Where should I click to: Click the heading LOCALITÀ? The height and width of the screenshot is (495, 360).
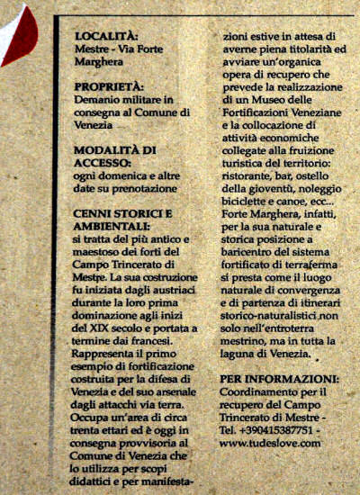pos(107,36)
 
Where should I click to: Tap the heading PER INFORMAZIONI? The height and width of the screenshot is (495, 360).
pos(279,380)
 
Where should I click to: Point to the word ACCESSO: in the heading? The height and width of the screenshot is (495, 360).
pos(105,163)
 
